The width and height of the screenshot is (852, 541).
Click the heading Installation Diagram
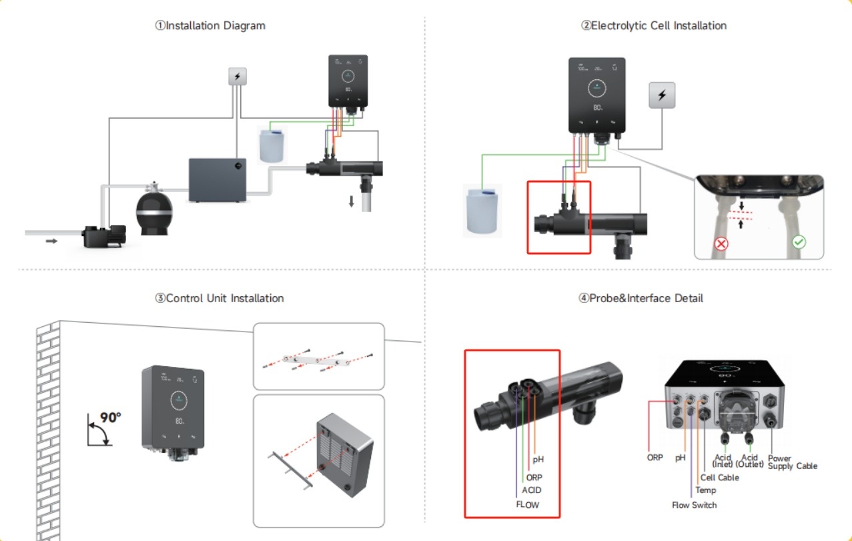click(210, 26)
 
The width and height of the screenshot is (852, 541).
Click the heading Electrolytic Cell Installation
click(653, 26)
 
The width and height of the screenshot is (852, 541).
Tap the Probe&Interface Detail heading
click(641, 298)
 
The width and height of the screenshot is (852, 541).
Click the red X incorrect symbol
click(721, 243)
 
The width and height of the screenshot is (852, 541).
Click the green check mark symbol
click(799, 243)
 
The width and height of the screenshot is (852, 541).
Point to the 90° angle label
click(110, 418)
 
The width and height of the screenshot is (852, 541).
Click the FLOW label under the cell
click(527, 505)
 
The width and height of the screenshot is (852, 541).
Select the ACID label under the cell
click(531, 490)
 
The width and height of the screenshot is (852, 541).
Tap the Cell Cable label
click(719, 478)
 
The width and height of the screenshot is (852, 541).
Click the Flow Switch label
click(694, 505)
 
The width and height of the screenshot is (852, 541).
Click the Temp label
click(705, 490)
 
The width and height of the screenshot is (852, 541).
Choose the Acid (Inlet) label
click(723, 461)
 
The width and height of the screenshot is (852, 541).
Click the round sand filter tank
click(154, 212)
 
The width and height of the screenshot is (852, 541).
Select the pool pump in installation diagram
click(103, 235)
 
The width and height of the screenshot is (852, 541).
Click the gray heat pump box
click(217, 179)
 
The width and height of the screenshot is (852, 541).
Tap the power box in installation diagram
click(238, 77)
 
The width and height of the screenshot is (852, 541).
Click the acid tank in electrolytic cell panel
click(482, 210)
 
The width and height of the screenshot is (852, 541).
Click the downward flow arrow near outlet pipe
click(351, 201)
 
